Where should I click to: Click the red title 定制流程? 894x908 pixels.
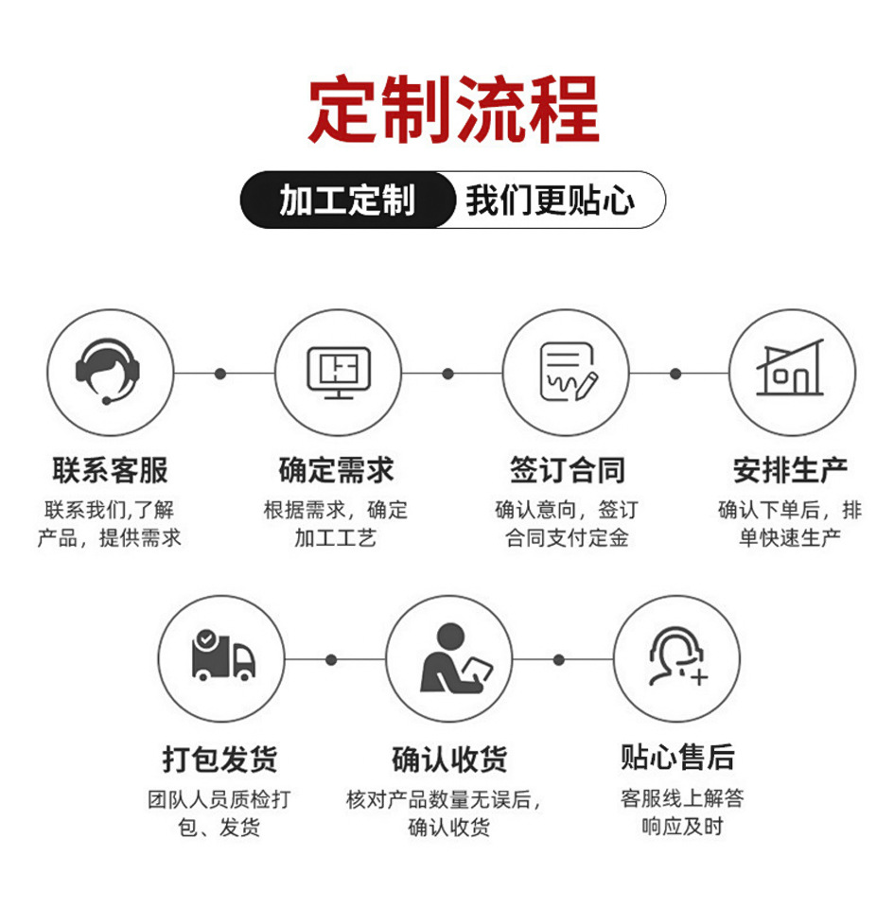(x=453, y=110)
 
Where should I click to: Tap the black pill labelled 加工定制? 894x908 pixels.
(x=347, y=200)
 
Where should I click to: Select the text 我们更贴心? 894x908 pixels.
(x=550, y=201)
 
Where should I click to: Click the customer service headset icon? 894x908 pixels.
(x=108, y=371)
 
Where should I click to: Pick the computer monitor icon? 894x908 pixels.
(x=339, y=373)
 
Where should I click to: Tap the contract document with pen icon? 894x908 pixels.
(x=568, y=372)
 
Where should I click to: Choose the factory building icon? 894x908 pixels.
(x=790, y=368)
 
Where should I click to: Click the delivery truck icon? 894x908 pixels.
(x=223, y=655)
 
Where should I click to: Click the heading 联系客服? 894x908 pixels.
(x=110, y=470)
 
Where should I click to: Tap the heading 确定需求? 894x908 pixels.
(x=337, y=470)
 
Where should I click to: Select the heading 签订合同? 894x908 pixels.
(x=568, y=470)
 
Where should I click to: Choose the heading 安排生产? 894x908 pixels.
(x=790, y=470)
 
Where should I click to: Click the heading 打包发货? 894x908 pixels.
(x=220, y=759)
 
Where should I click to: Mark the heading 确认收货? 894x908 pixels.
(x=449, y=759)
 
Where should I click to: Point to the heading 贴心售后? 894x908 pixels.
(x=677, y=757)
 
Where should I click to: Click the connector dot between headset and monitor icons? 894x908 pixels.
(x=220, y=374)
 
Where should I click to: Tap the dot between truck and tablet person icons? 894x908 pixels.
(x=331, y=659)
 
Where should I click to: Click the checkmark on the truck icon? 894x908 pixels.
(x=206, y=639)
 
